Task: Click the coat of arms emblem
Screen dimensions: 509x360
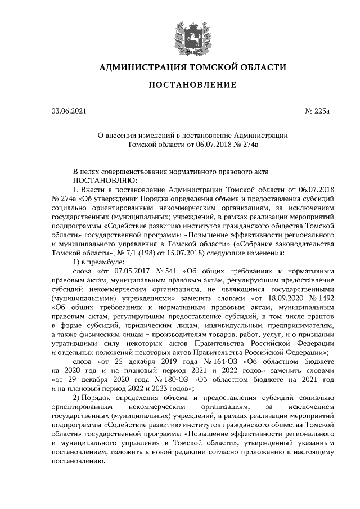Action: (x=192, y=34)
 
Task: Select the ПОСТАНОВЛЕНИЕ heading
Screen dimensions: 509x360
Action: (x=192, y=85)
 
